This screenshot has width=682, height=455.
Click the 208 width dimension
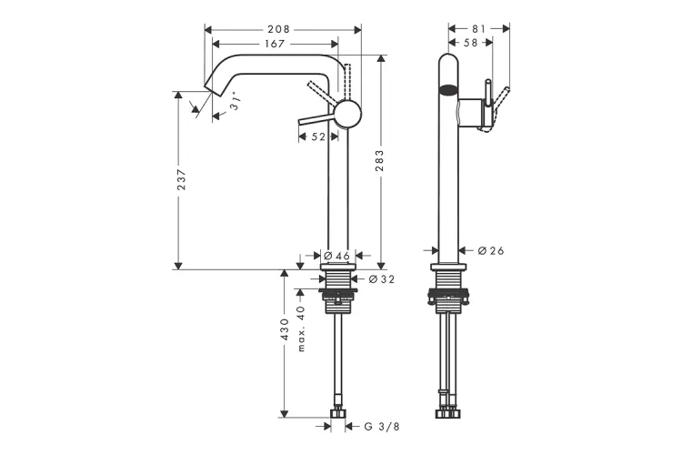[x=279, y=29]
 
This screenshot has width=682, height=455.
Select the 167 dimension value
[x=275, y=44]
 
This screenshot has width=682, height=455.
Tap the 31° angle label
[x=234, y=101]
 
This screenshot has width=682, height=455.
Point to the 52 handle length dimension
[x=318, y=136]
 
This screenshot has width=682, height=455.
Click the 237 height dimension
[x=181, y=179]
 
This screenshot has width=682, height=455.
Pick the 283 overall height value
[x=380, y=160]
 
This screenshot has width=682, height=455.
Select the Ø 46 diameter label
[x=336, y=256]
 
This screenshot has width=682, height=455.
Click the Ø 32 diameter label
[x=381, y=279]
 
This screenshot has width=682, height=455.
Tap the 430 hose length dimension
[x=284, y=329]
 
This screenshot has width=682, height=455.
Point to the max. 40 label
[x=301, y=329]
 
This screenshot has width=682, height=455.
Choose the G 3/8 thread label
[x=381, y=427]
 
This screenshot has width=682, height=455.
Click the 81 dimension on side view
[x=478, y=29]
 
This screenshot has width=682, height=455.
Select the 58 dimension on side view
[x=471, y=42]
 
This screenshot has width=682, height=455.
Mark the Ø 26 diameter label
[x=491, y=250]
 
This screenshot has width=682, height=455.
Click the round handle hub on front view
[x=347, y=114]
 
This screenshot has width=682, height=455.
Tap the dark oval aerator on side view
[x=448, y=91]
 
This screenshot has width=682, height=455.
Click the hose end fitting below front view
[x=337, y=413]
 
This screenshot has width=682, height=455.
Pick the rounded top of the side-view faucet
[x=448, y=59]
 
